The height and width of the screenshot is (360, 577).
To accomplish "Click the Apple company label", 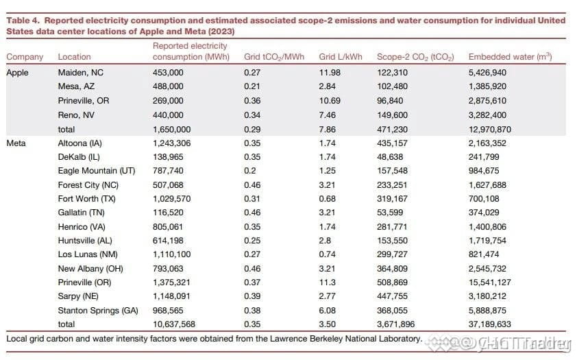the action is (17, 73).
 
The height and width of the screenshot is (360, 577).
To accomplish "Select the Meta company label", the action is (16, 143).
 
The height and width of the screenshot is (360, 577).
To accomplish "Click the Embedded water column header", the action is (510, 56).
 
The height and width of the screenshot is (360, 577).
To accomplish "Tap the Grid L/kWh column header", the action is (341, 57).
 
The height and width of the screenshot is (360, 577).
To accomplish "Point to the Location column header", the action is (74, 57).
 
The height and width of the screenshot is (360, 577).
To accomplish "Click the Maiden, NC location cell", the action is (81, 73).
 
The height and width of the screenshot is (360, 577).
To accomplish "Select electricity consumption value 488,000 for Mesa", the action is (168, 86).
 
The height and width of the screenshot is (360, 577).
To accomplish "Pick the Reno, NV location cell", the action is (76, 115).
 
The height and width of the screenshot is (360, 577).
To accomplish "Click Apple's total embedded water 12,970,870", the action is (490, 129).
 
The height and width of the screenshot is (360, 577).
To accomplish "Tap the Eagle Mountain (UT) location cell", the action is (97, 171).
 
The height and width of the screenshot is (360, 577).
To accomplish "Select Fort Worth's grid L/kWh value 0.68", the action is (327, 199).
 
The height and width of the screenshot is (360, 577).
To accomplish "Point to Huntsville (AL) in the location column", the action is (85, 241).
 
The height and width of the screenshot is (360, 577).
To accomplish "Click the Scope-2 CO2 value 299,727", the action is (392, 254).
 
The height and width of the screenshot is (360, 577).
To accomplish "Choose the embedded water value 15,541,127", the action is (490, 283).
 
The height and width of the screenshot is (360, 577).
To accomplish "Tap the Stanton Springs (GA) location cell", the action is (98, 311).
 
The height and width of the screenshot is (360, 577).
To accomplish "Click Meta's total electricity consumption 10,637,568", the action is (174, 324).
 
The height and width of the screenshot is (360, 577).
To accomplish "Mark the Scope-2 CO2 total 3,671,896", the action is (395, 324).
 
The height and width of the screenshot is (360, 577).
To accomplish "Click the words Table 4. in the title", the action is (23, 21).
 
